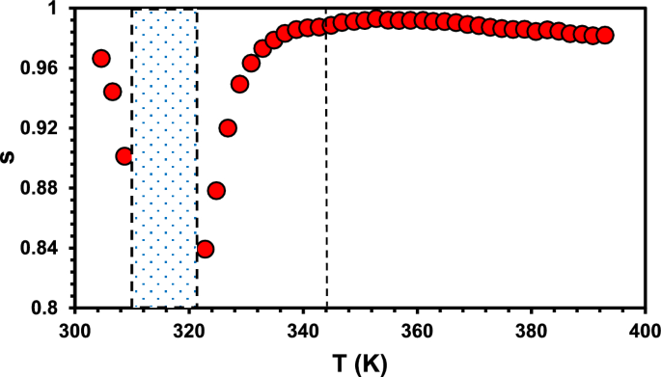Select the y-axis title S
12,159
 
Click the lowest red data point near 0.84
205,250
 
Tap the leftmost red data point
101,59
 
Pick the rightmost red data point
605,36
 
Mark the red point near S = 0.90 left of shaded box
124,156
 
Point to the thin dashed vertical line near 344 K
326,193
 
